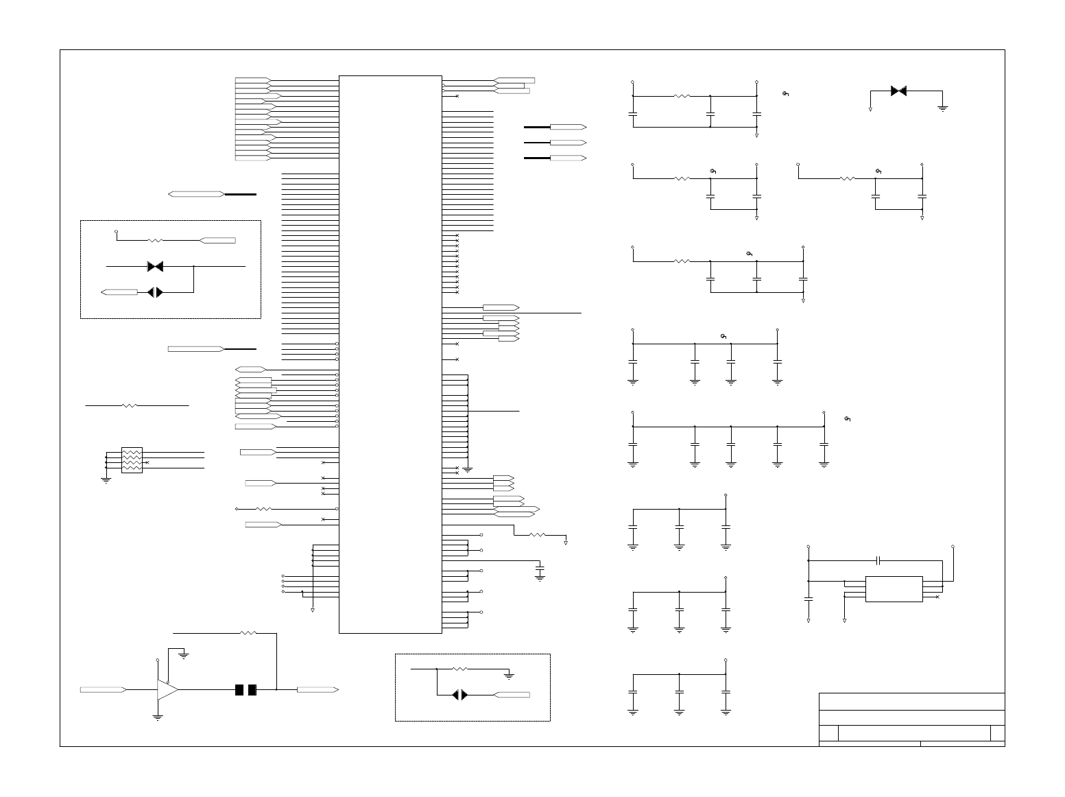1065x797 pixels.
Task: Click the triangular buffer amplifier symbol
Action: point(167,689)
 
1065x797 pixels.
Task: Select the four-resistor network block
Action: point(132,460)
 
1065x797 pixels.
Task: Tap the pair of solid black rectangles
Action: point(246,689)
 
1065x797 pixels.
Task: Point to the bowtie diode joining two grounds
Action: point(898,91)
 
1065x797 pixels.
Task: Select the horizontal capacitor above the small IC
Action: point(878,560)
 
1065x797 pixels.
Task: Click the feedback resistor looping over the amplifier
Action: point(248,633)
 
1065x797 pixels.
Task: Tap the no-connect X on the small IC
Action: point(937,597)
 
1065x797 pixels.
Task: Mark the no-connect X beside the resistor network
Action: point(147,463)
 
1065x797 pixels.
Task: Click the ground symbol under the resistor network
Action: point(106,480)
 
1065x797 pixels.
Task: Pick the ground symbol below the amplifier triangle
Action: point(158,717)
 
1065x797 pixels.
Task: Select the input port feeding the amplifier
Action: point(103,689)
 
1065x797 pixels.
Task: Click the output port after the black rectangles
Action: point(318,689)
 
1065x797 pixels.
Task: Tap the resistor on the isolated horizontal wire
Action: point(130,406)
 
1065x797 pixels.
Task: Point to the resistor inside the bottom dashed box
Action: point(459,668)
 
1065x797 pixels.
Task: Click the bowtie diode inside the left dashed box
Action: point(155,266)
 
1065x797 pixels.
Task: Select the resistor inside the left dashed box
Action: point(155,241)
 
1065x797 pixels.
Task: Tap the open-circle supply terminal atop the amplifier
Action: point(158,661)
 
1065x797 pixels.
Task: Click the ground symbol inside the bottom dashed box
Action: point(509,676)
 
